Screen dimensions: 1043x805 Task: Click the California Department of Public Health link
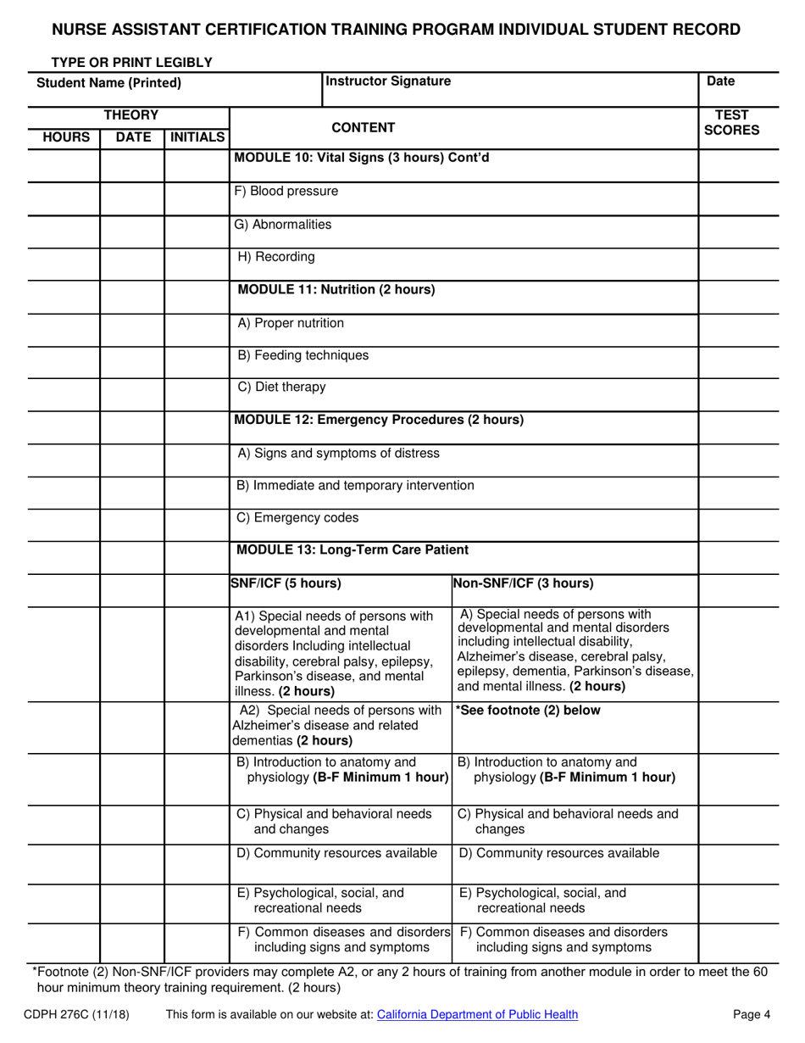[x=477, y=1014]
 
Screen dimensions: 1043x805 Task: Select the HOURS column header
[x=65, y=137]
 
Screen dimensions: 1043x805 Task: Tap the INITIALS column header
[x=197, y=137]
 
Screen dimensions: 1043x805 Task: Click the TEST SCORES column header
[x=731, y=123]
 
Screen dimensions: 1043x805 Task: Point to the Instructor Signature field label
[x=388, y=81]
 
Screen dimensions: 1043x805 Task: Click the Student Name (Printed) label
[x=109, y=83]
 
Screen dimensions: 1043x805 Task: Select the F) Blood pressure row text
[x=286, y=192]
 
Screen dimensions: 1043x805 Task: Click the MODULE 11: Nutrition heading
[x=336, y=289]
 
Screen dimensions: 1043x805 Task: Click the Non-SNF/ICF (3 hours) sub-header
[x=524, y=583]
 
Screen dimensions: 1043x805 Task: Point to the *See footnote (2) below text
[x=528, y=711]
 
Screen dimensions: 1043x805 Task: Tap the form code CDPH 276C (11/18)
[x=77, y=1014]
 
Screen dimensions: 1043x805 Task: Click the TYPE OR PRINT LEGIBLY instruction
[x=131, y=62]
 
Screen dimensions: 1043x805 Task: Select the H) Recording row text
[x=276, y=256]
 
